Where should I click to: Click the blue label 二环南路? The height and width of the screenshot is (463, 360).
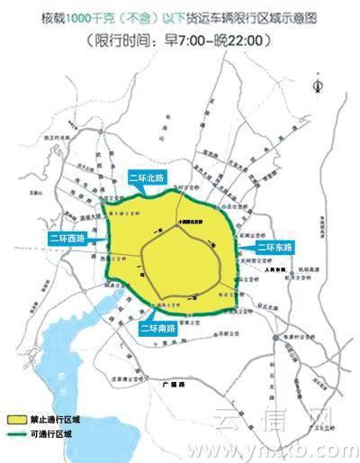click(x=157, y=329)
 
